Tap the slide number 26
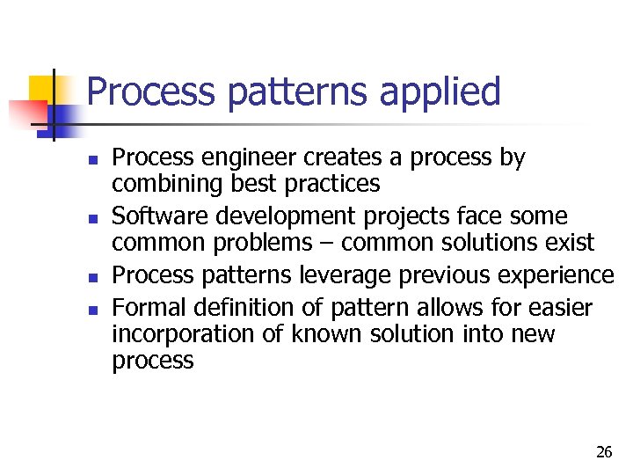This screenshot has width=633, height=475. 603,452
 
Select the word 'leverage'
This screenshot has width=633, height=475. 345,275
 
